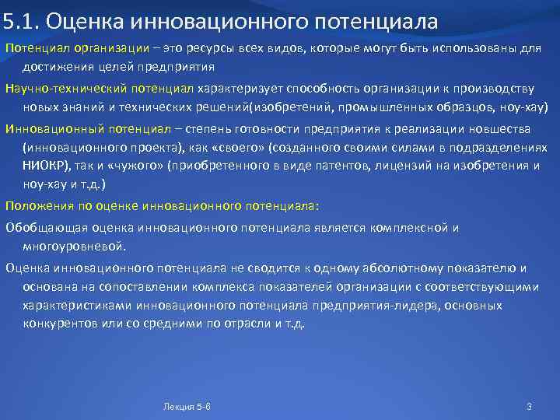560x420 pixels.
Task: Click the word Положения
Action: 37,206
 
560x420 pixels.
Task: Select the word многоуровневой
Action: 74,247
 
